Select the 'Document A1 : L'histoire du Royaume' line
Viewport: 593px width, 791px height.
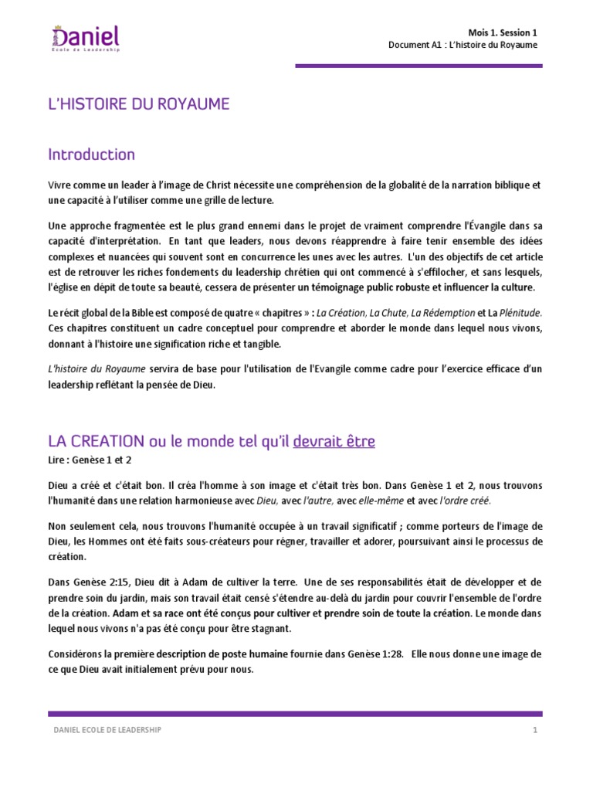click(x=463, y=45)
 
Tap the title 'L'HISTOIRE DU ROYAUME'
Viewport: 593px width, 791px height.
click(x=139, y=104)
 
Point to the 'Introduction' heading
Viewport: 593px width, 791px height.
click(x=91, y=154)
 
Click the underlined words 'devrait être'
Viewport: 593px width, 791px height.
click(x=334, y=441)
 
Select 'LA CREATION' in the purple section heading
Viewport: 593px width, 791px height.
click(x=96, y=441)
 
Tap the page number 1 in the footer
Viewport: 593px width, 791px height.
click(x=534, y=730)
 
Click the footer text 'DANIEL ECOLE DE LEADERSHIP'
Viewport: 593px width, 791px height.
click(x=107, y=730)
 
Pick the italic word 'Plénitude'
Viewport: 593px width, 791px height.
click(x=522, y=313)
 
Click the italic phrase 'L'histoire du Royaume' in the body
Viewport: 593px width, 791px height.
click(x=97, y=370)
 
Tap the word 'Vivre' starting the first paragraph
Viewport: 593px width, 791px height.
click(x=61, y=185)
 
